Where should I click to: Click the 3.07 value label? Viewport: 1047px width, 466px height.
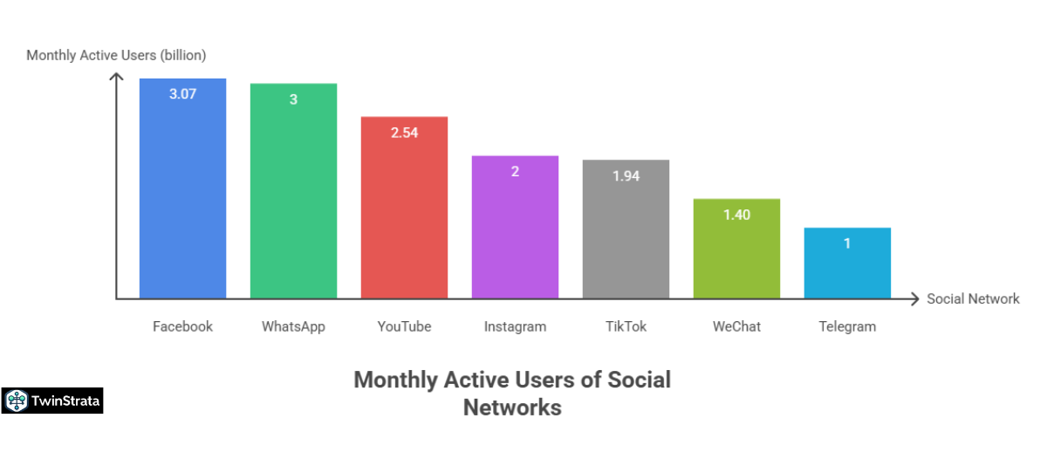tap(182, 93)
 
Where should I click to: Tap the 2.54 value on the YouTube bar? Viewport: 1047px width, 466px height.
tap(404, 133)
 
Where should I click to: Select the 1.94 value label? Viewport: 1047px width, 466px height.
tap(626, 175)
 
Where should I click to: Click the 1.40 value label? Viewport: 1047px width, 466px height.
tap(736, 215)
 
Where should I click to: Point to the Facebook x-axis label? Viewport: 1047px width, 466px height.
tap(182, 326)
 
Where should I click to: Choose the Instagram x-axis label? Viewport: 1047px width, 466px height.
tap(515, 326)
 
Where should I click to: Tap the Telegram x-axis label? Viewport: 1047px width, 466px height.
tap(847, 326)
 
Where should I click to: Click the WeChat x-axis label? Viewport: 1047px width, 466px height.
tap(736, 326)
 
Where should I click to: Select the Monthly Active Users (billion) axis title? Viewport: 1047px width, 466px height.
tap(116, 55)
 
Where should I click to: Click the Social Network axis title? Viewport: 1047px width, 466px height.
tap(973, 298)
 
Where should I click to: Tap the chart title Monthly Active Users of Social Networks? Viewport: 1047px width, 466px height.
tap(512, 393)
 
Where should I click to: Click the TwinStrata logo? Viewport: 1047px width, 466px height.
tap(52, 401)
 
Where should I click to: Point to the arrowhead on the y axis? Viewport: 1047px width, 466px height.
tap(116, 78)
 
